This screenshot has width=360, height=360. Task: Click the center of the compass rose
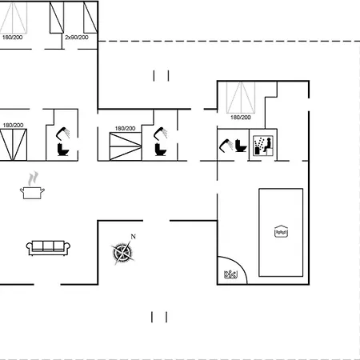coord(122,252)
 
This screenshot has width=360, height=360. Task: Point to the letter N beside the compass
coord(134,236)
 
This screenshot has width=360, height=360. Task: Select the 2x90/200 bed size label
coord(77,37)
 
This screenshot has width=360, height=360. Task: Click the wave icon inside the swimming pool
coord(281,232)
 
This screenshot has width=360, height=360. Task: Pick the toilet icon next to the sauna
coord(239,147)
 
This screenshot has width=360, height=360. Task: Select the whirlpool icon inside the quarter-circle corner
coord(230,275)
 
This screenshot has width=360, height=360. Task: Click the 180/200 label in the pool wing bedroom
coord(240,118)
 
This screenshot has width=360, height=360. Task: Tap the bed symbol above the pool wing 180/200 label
coord(241,97)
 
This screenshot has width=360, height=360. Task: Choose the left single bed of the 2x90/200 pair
coord(57,16)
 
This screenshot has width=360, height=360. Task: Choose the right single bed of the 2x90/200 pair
coord(86,16)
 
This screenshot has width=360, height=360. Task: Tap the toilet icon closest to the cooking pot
coord(63,148)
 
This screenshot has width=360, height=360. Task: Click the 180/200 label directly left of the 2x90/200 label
coord(12,37)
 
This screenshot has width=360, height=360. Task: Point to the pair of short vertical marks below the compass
coord(160,316)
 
